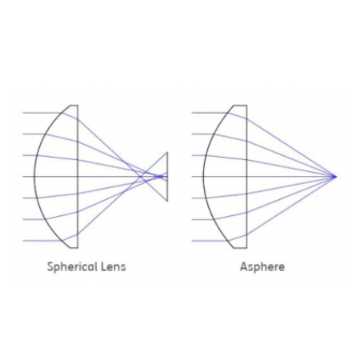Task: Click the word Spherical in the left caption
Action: [72, 267]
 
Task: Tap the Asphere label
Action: [262, 266]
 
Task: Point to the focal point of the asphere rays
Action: [334, 176]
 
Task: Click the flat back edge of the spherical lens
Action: [78, 177]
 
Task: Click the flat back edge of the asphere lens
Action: [246, 177]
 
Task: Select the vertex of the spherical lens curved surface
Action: [34, 177]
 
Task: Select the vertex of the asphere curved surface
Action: [203, 177]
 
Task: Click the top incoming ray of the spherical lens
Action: [43, 113]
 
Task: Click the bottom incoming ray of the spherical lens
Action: [43, 241]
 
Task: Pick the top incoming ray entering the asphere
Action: [211, 113]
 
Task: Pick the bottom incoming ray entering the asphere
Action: [211, 241]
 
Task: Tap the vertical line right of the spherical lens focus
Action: [167, 177]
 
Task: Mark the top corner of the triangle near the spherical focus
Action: [167, 152]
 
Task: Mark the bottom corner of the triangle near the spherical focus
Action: [167, 201]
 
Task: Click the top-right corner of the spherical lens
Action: [78, 105]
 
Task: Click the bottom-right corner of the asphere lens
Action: [246, 248]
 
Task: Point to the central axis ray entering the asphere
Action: [198, 177]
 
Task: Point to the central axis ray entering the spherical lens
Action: [29, 177]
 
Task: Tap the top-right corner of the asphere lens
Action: [246, 105]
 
